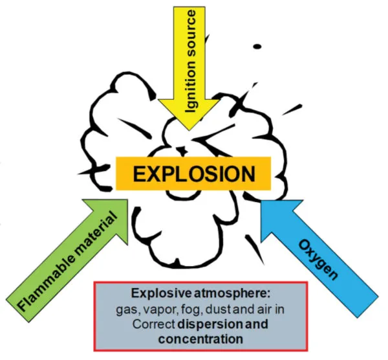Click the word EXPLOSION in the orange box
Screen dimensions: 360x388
click(193, 174)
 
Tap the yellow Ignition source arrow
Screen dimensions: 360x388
click(198, 65)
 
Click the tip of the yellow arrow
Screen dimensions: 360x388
click(198, 130)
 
